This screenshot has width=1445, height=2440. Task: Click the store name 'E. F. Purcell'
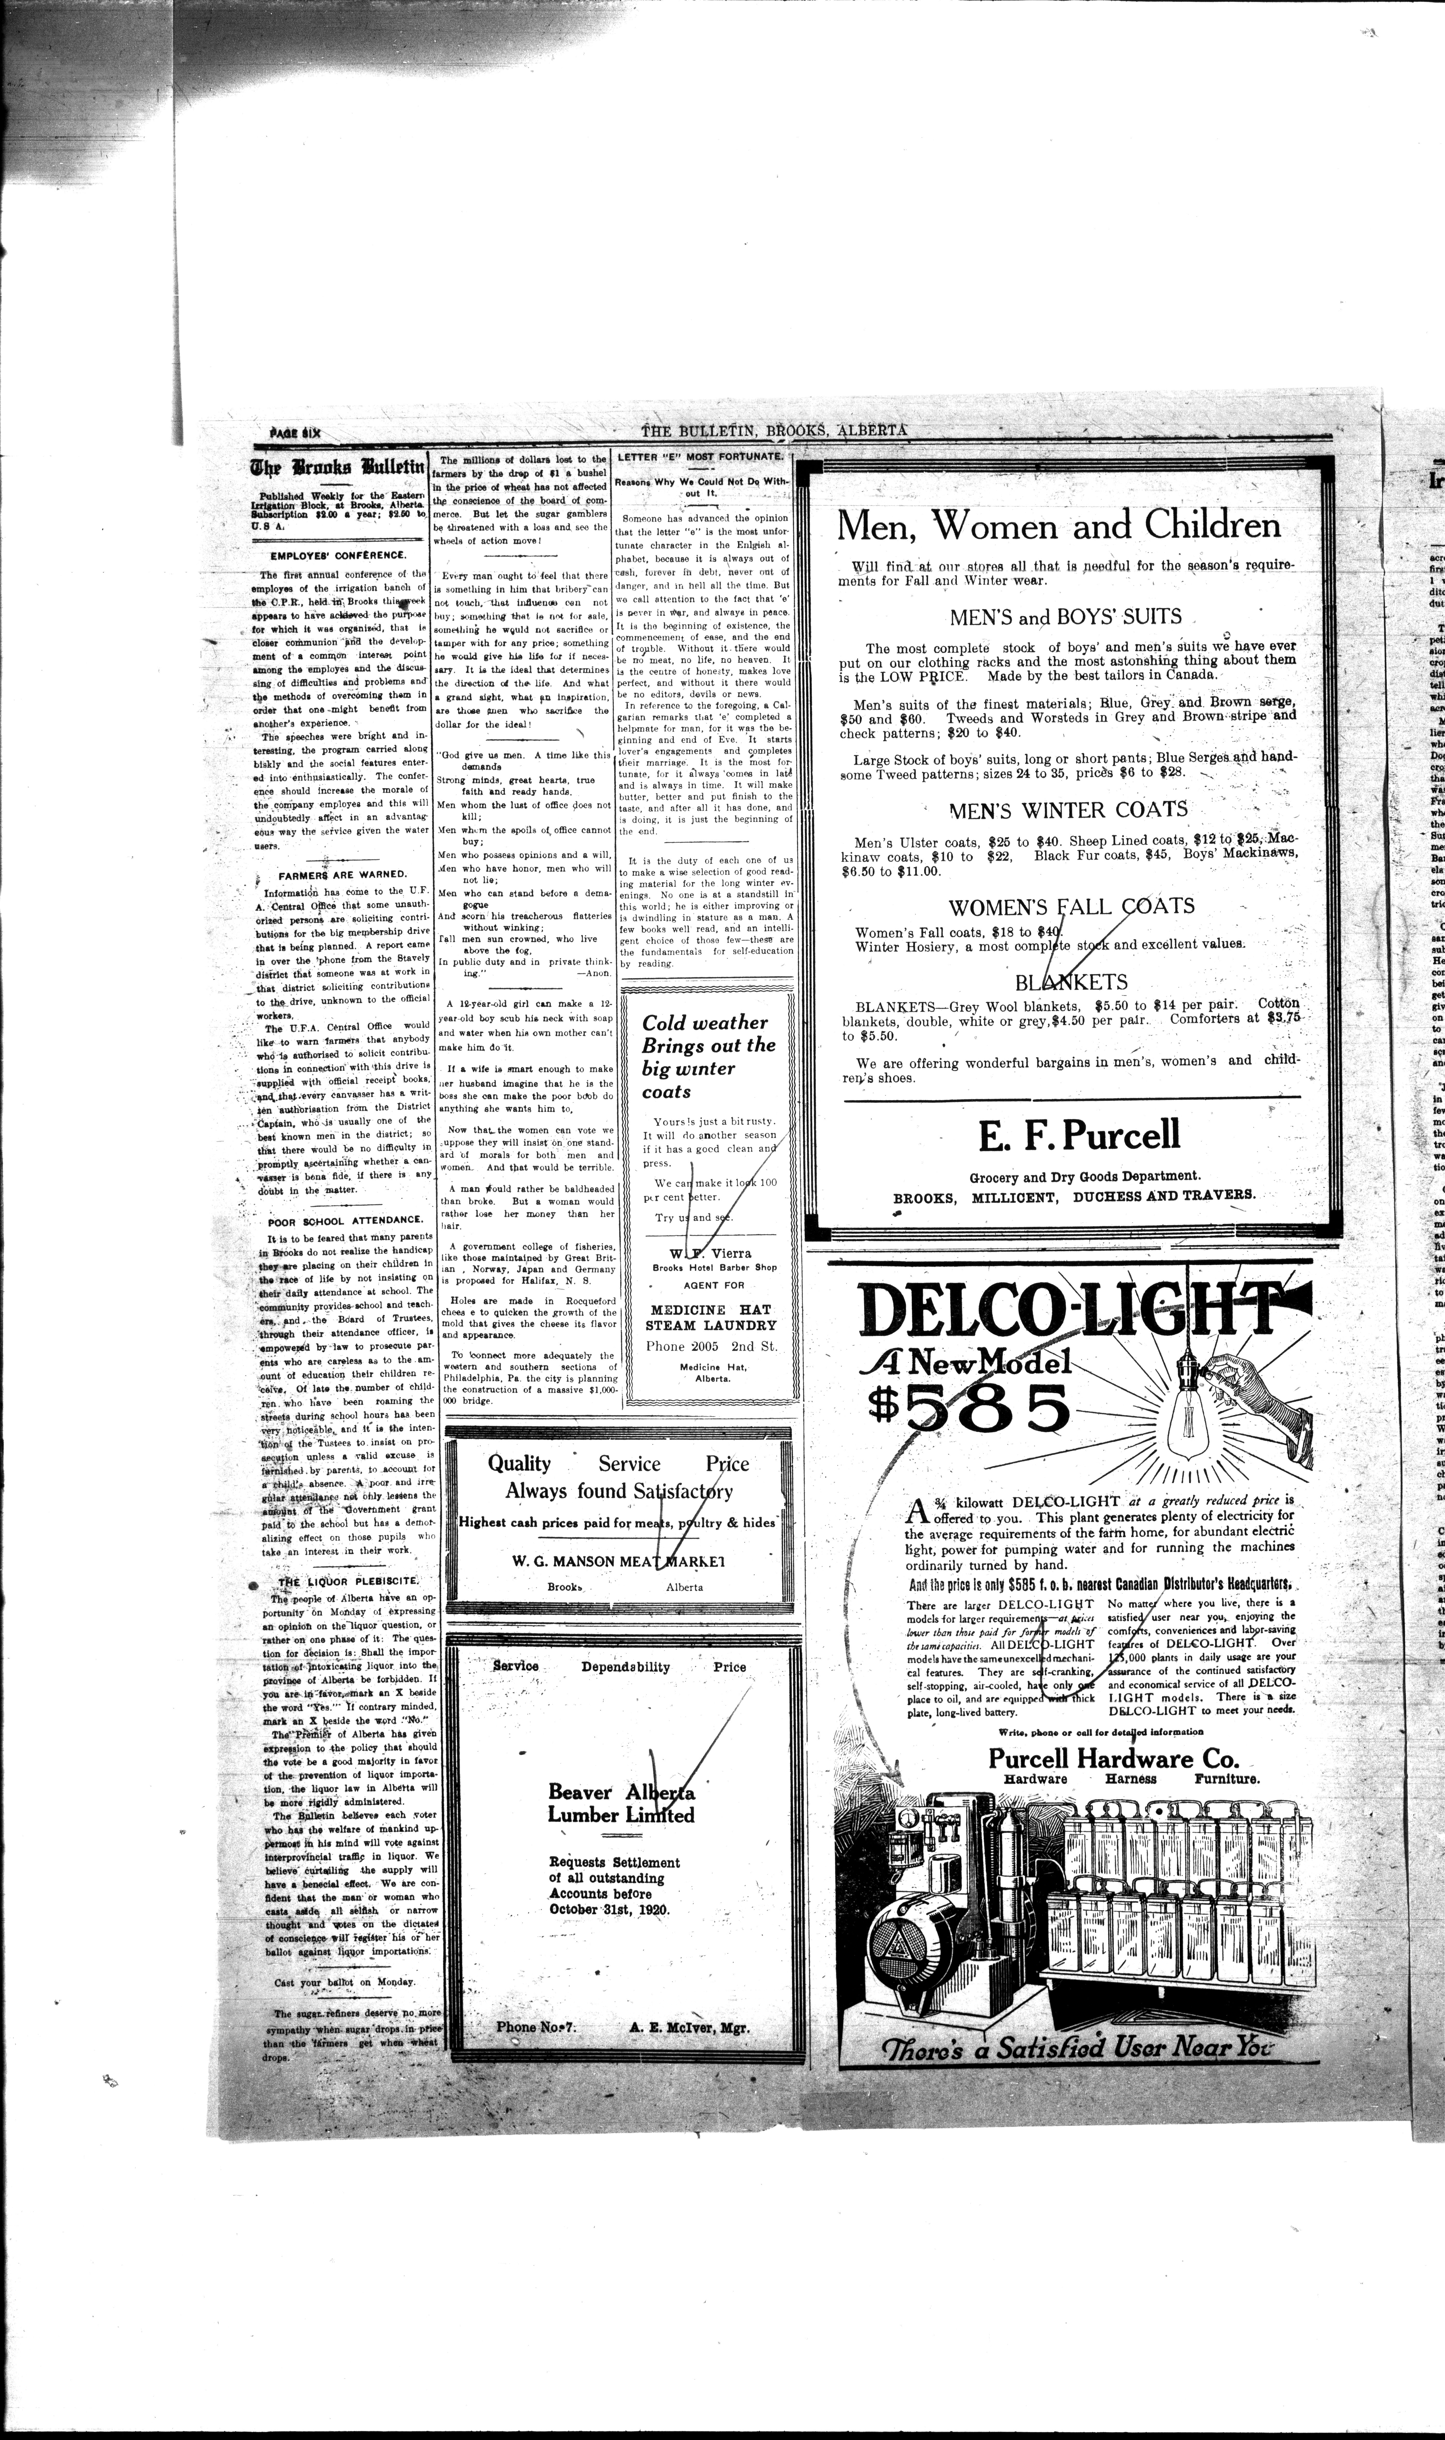1079,1134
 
